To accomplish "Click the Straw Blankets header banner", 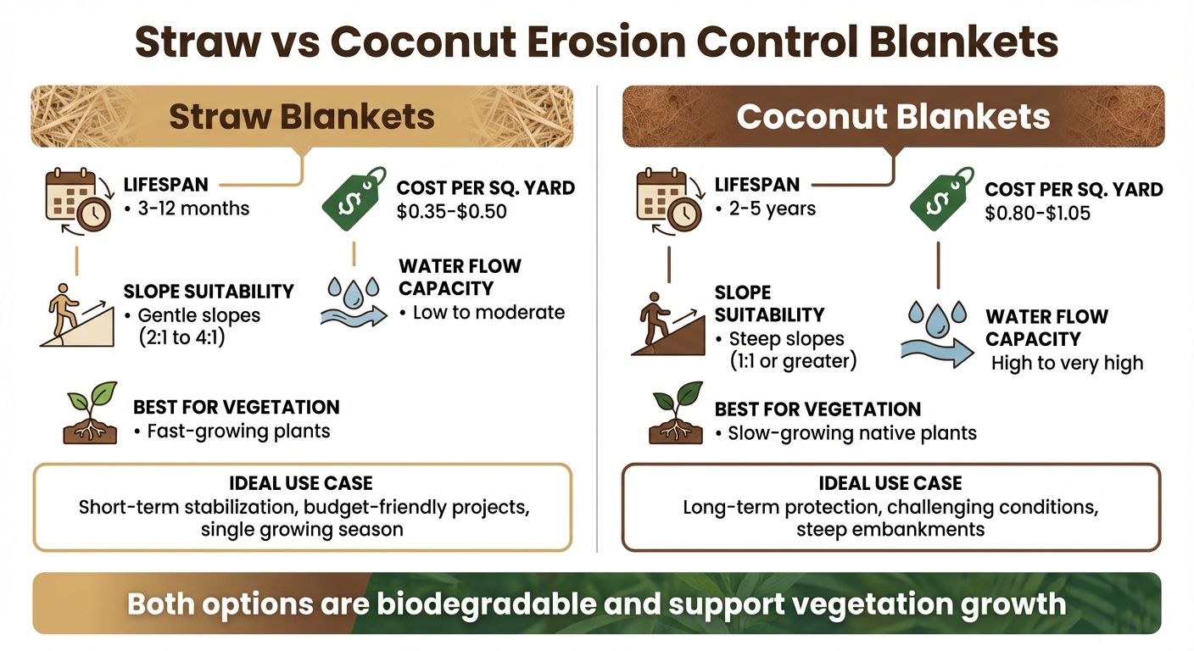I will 302,116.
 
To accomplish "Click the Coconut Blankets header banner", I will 893,116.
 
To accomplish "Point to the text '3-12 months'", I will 193,209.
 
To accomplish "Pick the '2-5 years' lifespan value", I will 772,209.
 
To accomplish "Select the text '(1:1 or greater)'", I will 794,361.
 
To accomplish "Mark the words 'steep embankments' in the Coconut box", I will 890,530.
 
